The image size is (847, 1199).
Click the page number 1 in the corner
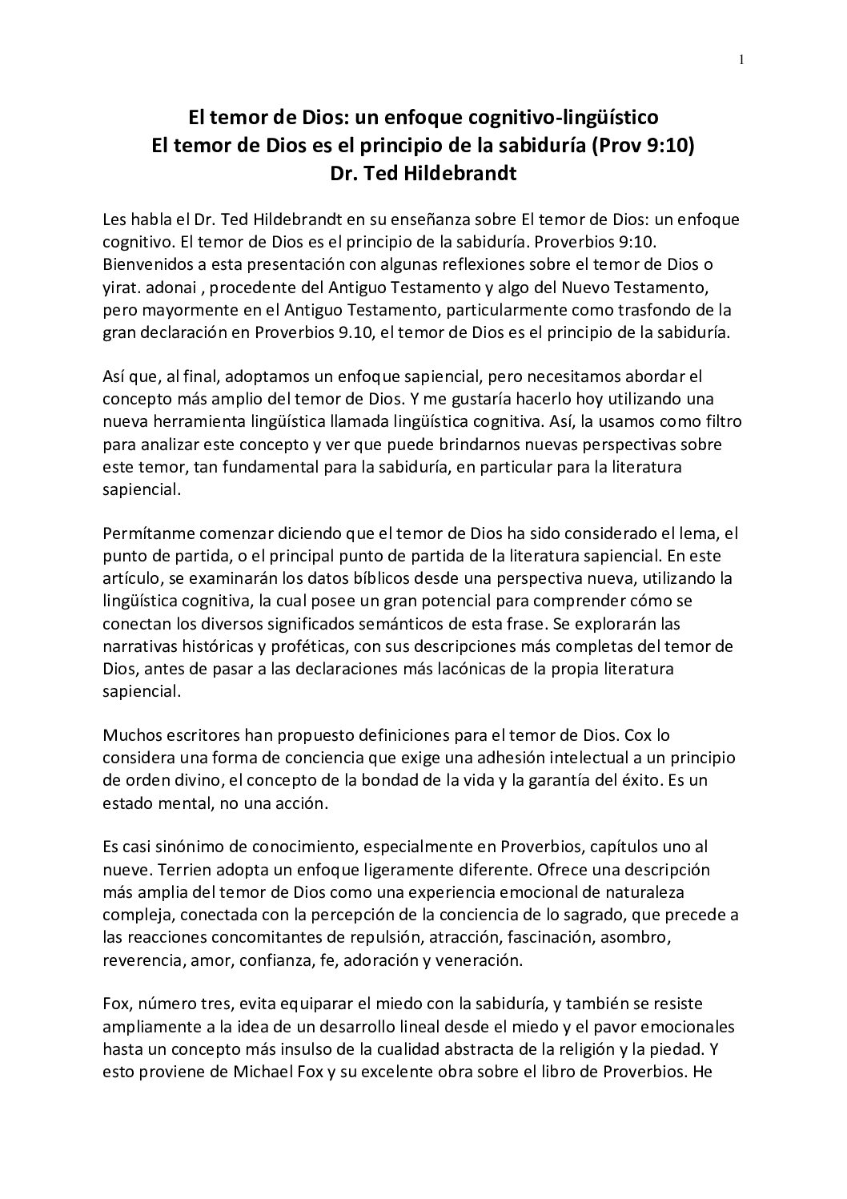click(742, 60)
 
